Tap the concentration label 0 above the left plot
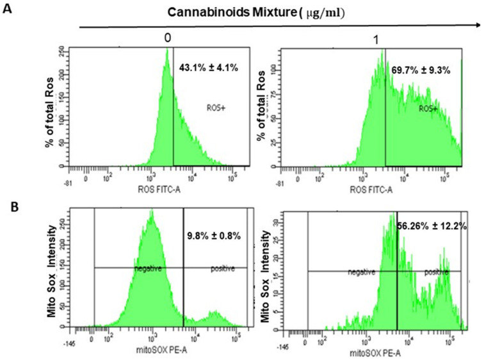[x=166, y=39]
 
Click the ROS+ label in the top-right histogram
[x=428, y=109]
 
